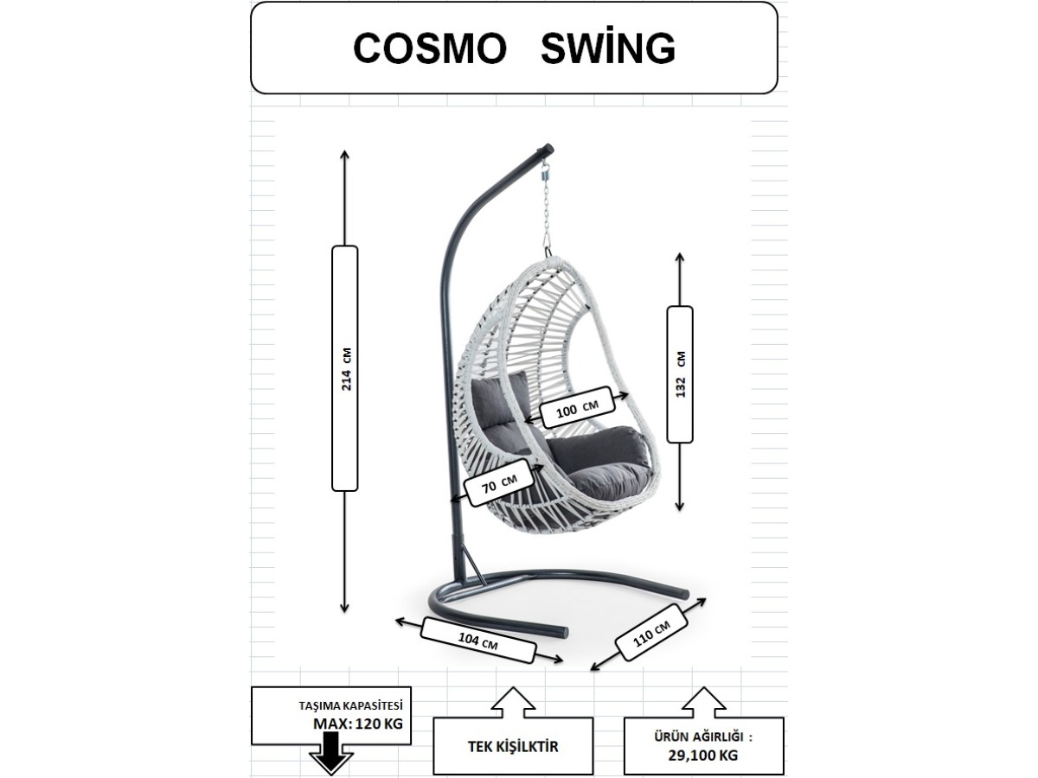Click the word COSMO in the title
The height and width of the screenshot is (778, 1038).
(x=429, y=48)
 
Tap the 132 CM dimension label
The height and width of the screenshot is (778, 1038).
(x=680, y=374)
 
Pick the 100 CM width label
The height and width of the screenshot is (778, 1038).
(x=577, y=407)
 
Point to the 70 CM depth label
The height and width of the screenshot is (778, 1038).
(x=499, y=482)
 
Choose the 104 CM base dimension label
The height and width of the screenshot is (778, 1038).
(x=478, y=641)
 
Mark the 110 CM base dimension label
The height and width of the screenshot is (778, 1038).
(x=651, y=633)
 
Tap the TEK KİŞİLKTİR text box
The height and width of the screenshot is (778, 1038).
(x=513, y=746)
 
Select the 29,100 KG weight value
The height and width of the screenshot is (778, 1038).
(x=702, y=756)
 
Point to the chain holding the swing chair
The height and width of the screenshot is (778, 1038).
(x=548, y=210)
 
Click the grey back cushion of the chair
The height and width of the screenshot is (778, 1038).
(x=499, y=407)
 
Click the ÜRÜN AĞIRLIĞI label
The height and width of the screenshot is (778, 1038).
(x=702, y=737)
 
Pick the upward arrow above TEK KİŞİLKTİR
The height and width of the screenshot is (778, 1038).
(x=513, y=703)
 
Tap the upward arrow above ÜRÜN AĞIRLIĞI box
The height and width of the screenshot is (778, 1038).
(x=703, y=703)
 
